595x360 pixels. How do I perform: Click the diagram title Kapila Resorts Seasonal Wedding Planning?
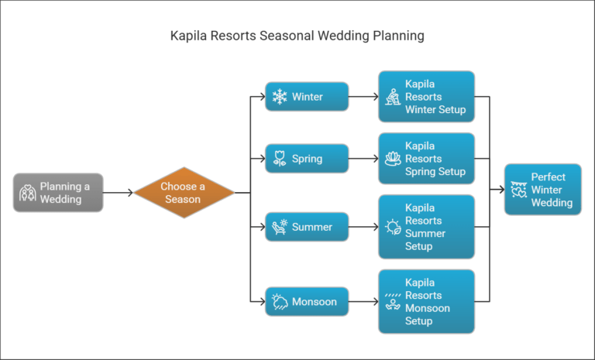click(297, 36)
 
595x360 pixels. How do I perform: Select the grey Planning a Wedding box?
click(58, 193)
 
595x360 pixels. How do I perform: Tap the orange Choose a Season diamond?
click(184, 193)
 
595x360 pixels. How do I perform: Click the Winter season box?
click(307, 98)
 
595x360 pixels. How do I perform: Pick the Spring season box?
click(307, 159)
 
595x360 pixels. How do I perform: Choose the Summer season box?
click(307, 227)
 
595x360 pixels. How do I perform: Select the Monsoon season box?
click(307, 301)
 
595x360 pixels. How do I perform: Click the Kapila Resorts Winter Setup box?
click(426, 97)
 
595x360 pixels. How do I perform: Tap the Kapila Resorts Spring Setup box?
click(426, 159)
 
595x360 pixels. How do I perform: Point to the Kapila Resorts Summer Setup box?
click(426, 227)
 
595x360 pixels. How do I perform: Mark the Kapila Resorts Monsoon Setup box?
click(426, 301)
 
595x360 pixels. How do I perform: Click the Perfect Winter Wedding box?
click(542, 190)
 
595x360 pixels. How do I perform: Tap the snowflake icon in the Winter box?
click(280, 98)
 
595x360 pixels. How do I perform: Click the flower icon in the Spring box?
click(280, 159)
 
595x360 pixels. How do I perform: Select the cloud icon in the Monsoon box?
click(280, 301)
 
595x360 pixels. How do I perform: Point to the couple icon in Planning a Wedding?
click(28, 193)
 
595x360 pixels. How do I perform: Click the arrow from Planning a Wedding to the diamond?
click(118, 193)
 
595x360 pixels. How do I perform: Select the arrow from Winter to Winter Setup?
click(363, 98)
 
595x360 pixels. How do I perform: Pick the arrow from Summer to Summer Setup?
click(363, 227)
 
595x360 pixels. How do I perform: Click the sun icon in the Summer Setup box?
click(393, 227)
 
